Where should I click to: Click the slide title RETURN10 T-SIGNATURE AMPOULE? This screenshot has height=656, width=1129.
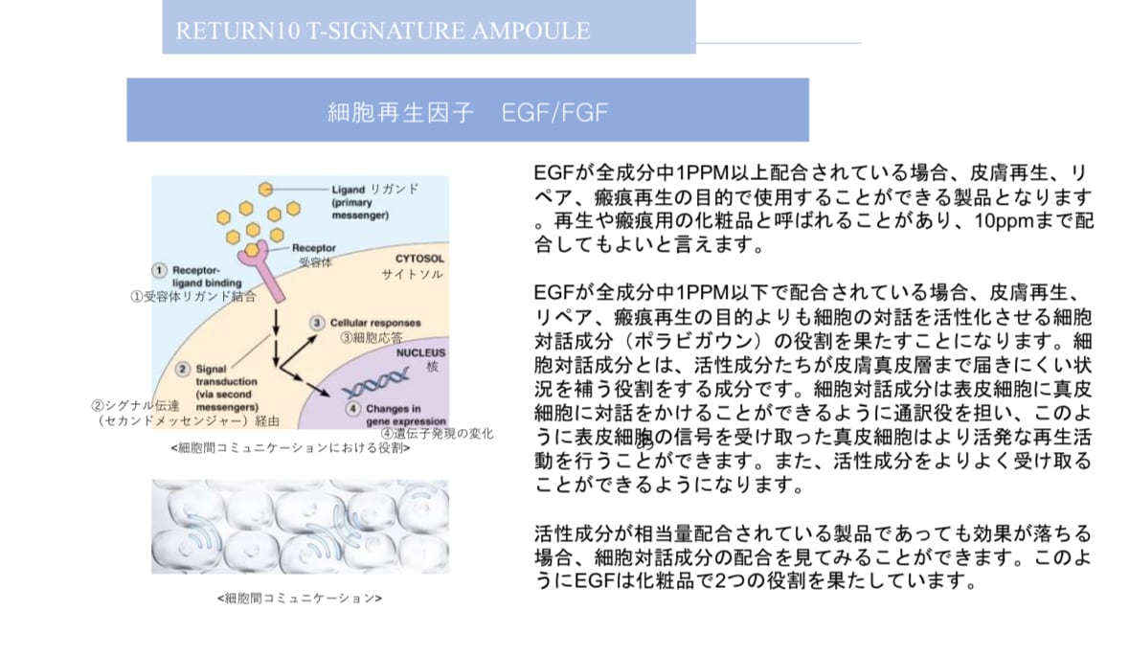(382, 31)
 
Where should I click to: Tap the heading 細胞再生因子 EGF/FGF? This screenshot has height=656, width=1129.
(467, 112)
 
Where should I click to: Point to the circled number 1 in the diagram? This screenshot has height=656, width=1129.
(160, 270)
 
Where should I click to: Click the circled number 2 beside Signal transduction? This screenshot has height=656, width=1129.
(183, 368)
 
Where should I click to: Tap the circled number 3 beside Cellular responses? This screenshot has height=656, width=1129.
(317, 324)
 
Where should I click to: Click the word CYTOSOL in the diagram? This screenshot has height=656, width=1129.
(419, 259)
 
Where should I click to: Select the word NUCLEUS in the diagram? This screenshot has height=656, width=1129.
(421, 352)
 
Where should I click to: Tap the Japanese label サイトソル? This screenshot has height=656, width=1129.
(413, 275)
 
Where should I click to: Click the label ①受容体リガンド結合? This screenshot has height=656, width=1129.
(193, 297)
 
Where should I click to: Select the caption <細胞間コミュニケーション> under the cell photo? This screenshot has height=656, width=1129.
(300, 599)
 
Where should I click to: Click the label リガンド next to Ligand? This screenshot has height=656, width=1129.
(395, 189)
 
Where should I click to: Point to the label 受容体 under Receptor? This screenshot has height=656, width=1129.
(315, 261)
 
